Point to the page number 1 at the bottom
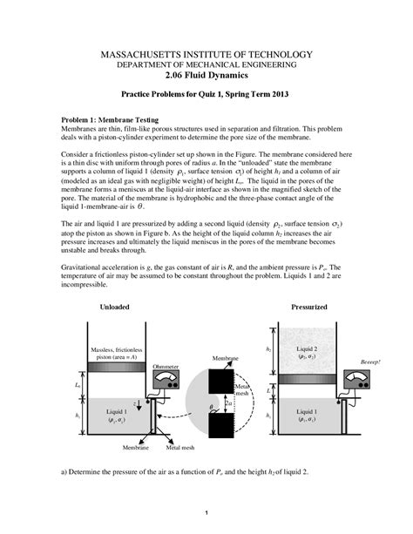pos(206,512)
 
